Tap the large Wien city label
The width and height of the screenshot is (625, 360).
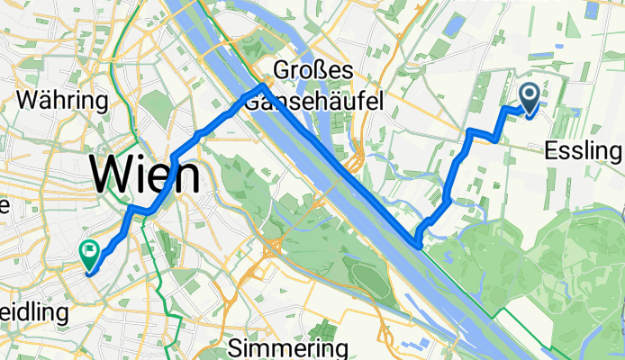click(x=144, y=174)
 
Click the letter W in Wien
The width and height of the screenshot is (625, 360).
click(x=113, y=174)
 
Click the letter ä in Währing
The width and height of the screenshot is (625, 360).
click(x=47, y=99)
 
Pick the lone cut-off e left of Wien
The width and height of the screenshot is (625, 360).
click(x=4, y=205)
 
